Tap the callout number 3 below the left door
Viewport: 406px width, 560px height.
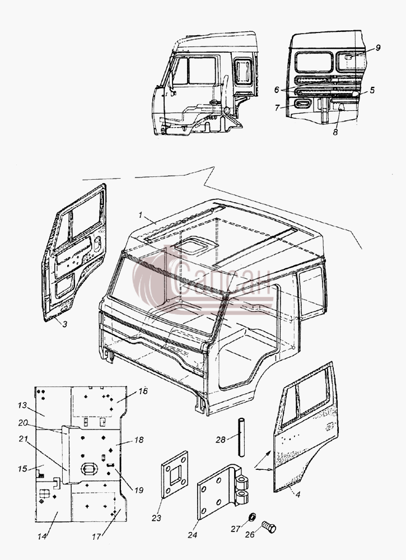(x=64, y=324)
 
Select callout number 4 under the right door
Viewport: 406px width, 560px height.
(x=298, y=494)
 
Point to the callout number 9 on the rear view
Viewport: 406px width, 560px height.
(x=378, y=48)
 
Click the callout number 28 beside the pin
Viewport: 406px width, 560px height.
(x=220, y=439)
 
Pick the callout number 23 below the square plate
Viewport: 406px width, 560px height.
(x=156, y=518)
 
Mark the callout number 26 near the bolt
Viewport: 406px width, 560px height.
(x=250, y=535)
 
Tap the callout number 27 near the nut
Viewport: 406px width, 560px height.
(x=235, y=529)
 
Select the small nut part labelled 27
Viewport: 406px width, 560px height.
(x=252, y=516)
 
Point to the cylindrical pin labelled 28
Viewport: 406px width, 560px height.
(x=241, y=437)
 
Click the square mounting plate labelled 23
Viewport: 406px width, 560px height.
(x=175, y=474)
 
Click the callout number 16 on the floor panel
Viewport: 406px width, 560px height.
(x=143, y=391)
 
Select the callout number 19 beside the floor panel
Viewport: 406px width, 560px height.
(x=138, y=490)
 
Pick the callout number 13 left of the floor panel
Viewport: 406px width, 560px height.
(x=22, y=405)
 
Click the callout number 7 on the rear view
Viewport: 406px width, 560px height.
(x=277, y=108)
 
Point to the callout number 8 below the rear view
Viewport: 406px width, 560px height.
(x=335, y=132)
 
